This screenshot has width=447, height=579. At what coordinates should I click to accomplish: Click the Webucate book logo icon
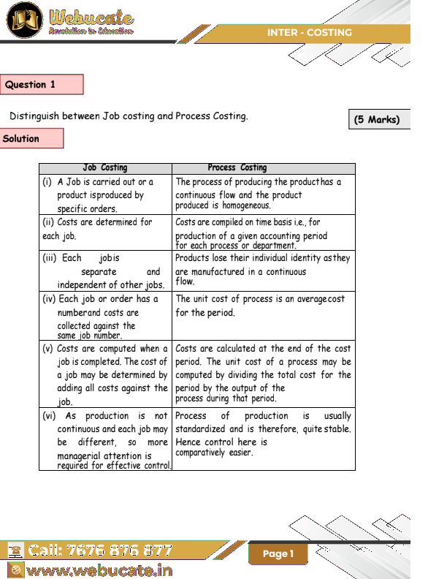pos(24,20)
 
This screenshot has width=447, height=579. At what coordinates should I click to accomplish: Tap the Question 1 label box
pos(42,85)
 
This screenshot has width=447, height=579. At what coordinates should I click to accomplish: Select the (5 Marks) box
pos(377,119)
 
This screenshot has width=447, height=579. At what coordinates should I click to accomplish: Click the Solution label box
pos(32,138)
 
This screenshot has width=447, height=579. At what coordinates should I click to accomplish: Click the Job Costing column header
pos(105,168)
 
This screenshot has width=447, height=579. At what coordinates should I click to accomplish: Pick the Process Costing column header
pos(237,168)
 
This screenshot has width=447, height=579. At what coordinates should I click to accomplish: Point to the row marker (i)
pos(47,182)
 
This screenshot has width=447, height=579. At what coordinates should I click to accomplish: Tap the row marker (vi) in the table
pos(49,416)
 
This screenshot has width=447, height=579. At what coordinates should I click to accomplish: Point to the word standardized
pos(200,429)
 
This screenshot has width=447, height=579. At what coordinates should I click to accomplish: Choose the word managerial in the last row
pos(84,455)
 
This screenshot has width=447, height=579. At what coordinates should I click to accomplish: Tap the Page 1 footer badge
pos(278,554)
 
